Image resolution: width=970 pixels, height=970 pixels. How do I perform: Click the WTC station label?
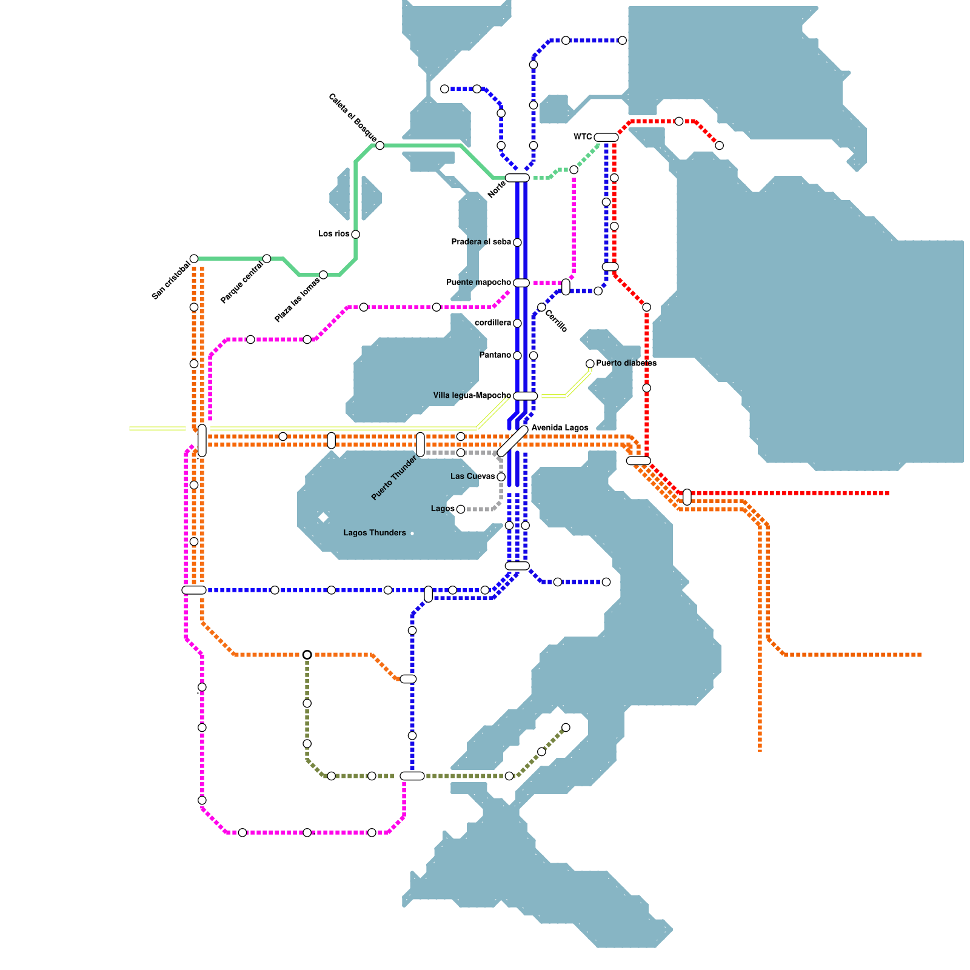pos(583,136)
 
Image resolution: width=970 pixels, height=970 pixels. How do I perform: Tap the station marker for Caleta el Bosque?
pos(380,145)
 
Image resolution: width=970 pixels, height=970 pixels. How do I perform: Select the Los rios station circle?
pos(355,235)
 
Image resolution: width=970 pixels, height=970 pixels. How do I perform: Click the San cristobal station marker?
pos(194,259)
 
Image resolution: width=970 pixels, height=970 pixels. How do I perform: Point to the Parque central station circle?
pos(267,259)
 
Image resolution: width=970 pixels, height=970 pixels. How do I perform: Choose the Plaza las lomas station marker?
pos(323,275)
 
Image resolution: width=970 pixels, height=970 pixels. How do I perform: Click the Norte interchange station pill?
pos(517,178)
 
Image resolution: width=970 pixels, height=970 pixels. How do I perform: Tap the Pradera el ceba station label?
pos(481,242)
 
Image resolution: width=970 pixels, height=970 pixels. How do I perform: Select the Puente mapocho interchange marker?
pos(521,283)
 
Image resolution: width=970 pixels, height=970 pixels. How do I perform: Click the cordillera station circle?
pos(517,323)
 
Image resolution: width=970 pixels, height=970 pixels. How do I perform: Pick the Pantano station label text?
pos(495,355)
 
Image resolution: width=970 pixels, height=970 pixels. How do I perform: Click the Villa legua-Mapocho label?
pos(472,395)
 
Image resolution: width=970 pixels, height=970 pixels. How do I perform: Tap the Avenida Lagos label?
pos(560,427)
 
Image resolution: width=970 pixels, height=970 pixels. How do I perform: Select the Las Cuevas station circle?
pos(501,477)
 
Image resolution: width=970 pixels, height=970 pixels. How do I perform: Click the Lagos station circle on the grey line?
pos(461,509)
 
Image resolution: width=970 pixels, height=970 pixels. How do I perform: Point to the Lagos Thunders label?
pos(374,533)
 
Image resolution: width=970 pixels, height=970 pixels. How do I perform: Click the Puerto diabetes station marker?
pos(590,364)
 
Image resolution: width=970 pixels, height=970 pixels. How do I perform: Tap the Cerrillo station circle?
pos(541,307)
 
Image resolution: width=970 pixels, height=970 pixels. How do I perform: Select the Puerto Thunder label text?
pos(394,478)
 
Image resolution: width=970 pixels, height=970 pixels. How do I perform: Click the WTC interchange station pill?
pos(606,138)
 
